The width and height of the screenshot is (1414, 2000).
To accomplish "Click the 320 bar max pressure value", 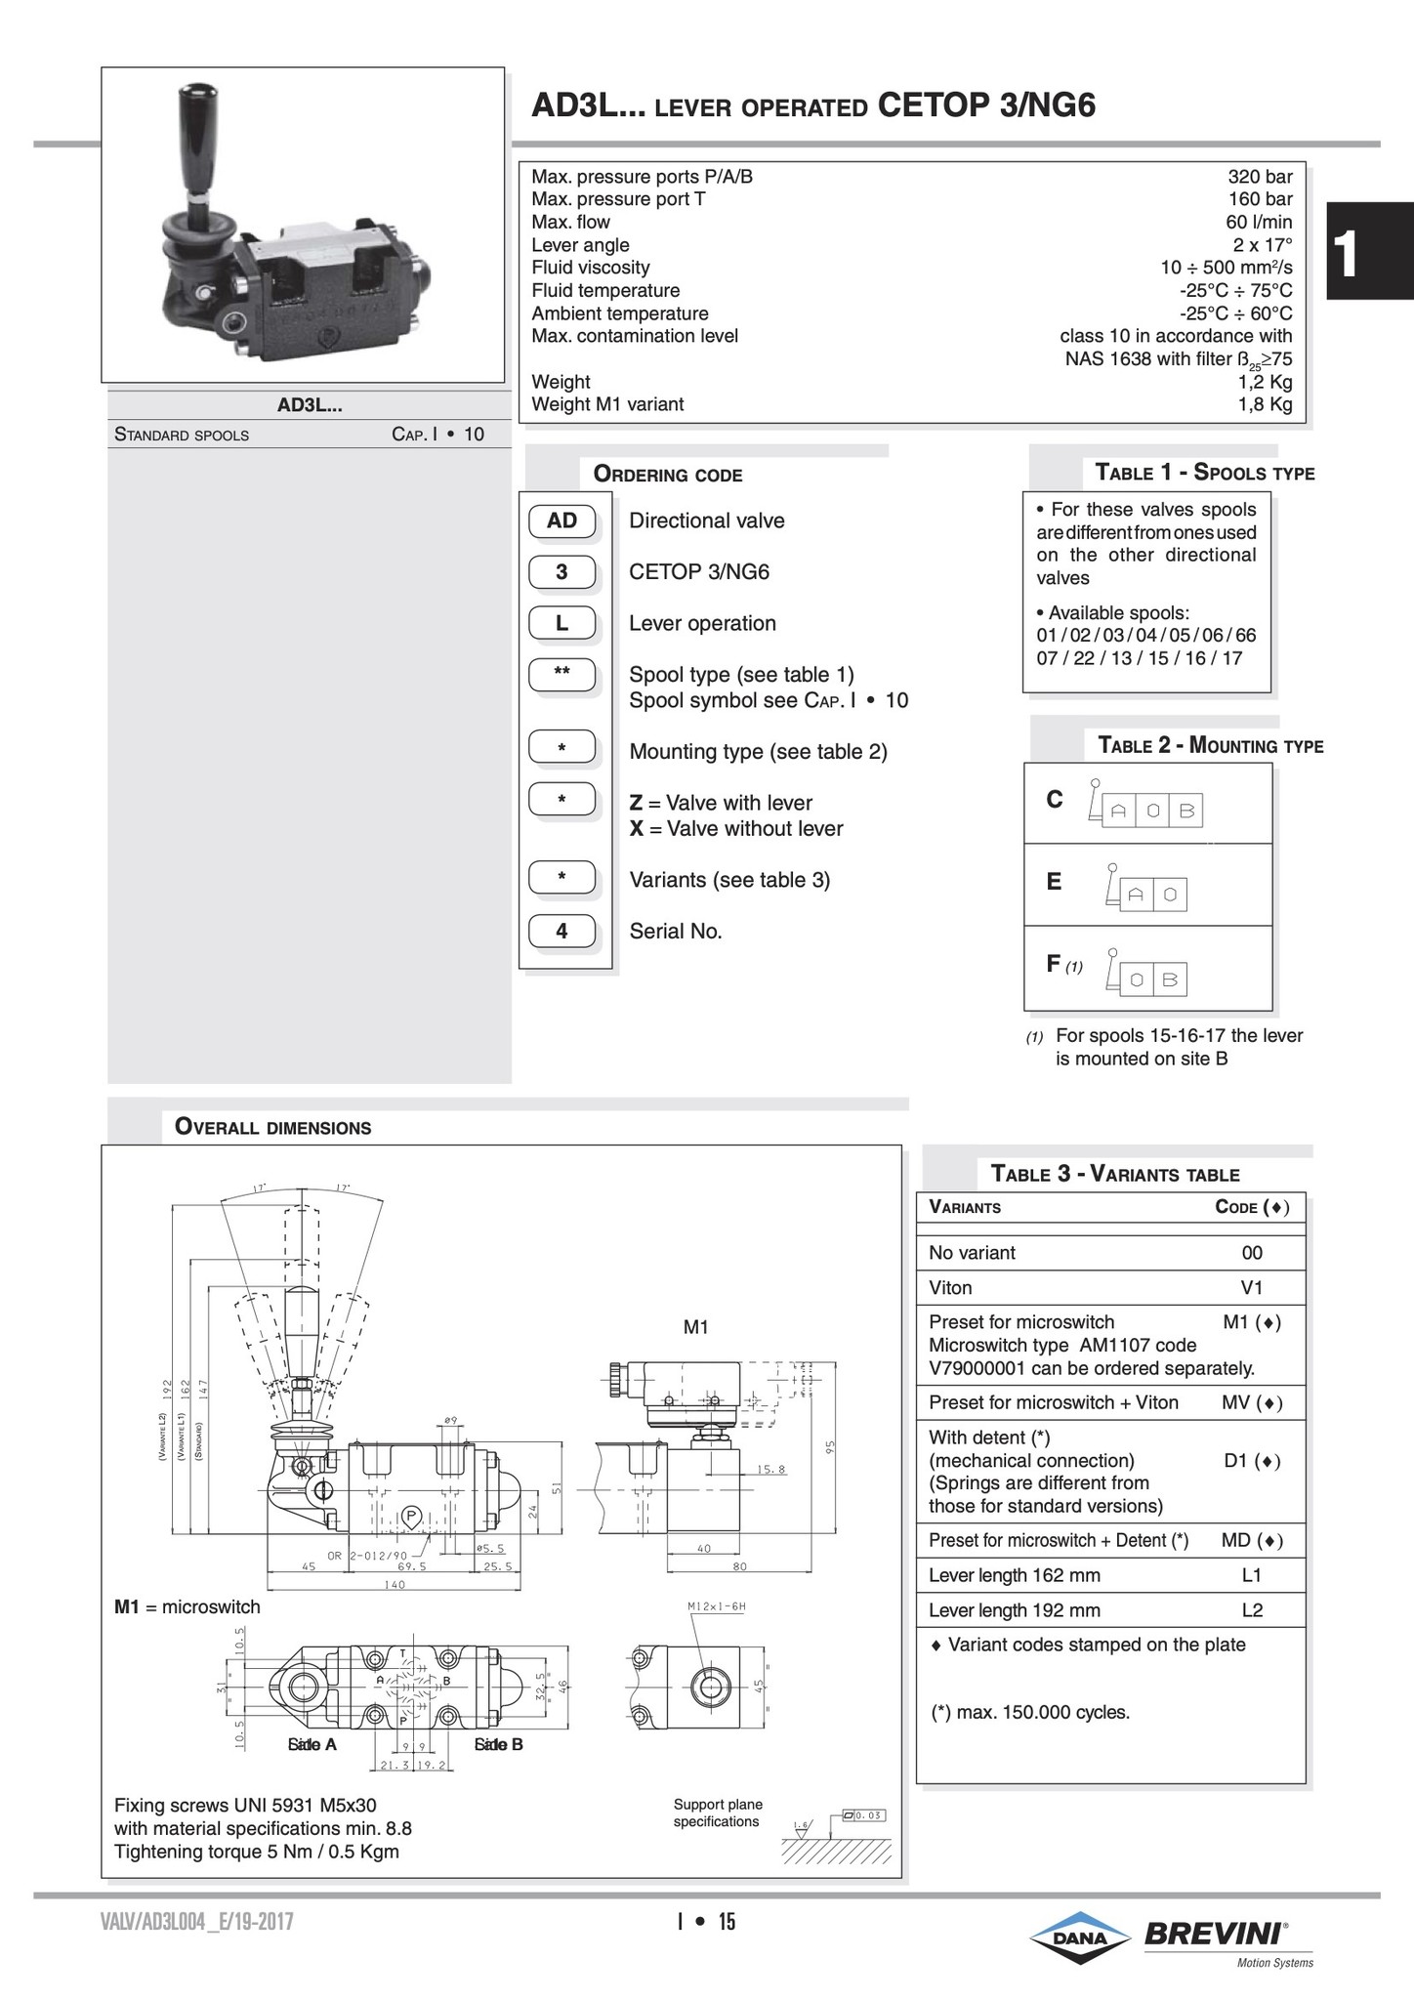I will coord(1260,177).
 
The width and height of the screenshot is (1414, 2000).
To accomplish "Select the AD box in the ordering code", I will coord(561,521).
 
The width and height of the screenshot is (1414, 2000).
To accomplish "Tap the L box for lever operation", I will coord(561,623).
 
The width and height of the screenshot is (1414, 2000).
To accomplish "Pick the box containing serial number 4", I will coord(561,932).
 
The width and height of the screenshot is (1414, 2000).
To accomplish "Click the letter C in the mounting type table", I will coord(1055,800).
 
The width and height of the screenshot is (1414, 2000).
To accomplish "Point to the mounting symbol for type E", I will coord(1146,890).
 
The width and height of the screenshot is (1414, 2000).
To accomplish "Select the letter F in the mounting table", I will coord(1054,964).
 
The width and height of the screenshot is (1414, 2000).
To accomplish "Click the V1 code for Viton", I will coord(1252,1288).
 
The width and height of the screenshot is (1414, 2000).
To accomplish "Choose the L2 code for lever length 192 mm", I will coord(1252,1610).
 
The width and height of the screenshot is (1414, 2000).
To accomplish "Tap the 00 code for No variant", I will coord(1252,1253).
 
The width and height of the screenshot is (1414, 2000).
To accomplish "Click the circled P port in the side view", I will coord(411,1516).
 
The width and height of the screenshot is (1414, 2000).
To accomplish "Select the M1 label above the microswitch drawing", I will coord(695,1327).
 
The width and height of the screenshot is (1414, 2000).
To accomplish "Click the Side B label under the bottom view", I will coord(498,1744).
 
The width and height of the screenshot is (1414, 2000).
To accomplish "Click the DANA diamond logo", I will coord(1079,1937).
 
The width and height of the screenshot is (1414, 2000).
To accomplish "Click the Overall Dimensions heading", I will coord(272,1128).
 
